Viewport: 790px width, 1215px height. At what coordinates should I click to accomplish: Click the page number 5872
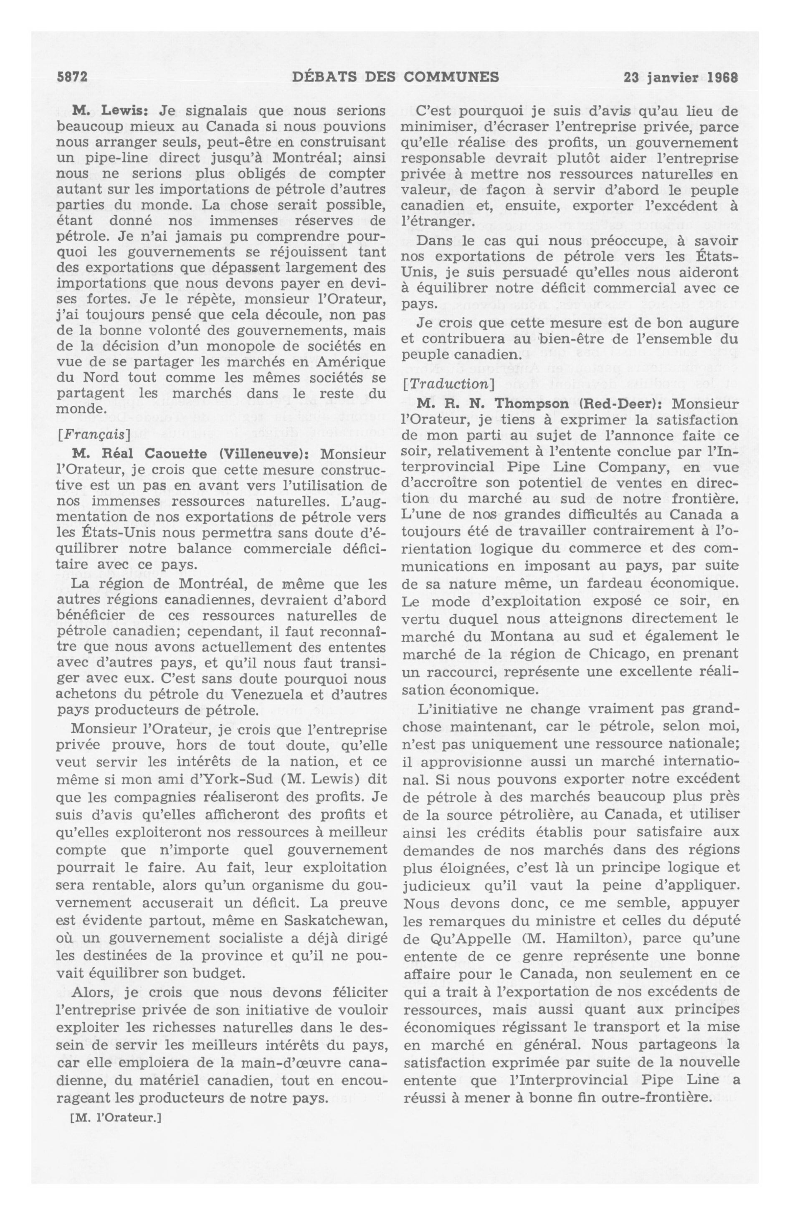point(72,78)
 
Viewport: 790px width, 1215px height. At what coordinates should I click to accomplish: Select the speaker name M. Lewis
point(110,110)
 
